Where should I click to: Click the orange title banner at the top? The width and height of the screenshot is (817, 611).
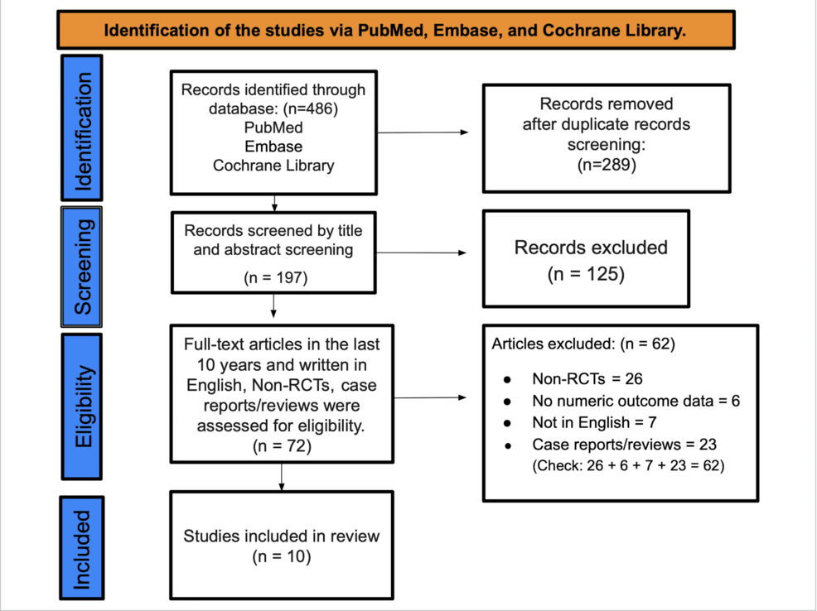coord(396,31)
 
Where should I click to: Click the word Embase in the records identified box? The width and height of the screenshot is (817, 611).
coord(273,147)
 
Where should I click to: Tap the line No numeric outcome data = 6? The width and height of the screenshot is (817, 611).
coord(636,402)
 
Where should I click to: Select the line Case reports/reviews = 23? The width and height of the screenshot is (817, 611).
coord(606,445)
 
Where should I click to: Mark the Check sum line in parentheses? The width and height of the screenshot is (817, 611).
coord(628,465)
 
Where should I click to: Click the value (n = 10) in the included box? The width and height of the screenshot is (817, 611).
coord(281,557)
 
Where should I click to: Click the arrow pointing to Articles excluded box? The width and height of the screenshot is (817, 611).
coord(431,398)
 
